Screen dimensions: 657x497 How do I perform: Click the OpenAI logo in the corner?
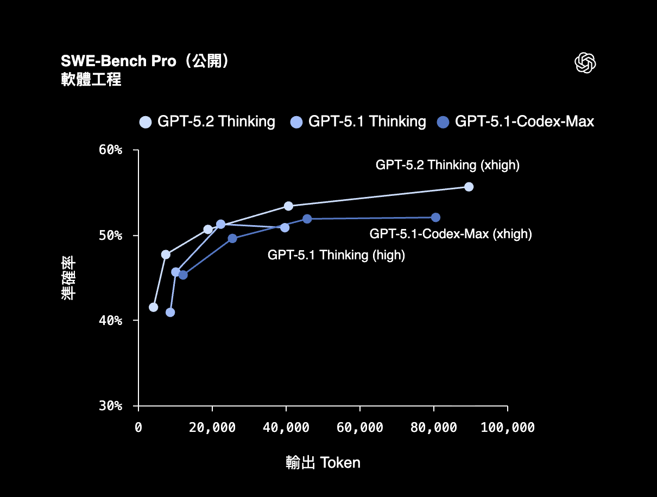click(x=585, y=62)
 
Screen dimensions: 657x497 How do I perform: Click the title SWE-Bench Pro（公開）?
click(x=145, y=61)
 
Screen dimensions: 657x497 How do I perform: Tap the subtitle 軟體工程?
click(x=91, y=80)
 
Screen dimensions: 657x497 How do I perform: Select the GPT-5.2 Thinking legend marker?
click(x=146, y=122)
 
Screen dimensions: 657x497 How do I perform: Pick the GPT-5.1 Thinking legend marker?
click(x=296, y=122)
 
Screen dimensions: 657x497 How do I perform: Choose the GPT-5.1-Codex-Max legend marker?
click(x=443, y=122)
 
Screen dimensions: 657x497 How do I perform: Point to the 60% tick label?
click(x=110, y=150)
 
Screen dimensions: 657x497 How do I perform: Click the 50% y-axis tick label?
click(x=110, y=235)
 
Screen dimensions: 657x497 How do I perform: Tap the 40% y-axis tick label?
click(x=110, y=321)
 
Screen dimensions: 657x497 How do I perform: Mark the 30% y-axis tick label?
click(x=110, y=406)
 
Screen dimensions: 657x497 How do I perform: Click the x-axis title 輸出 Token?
click(x=323, y=463)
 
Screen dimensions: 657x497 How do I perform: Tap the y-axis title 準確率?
click(x=68, y=278)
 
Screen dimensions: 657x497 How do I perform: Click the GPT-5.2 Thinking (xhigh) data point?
click(x=469, y=187)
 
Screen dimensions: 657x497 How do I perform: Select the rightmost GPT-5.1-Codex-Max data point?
click(x=435, y=218)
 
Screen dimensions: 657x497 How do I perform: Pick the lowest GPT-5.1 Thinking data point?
click(x=170, y=313)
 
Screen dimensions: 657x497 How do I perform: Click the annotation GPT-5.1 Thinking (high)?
click(x=336, y=256)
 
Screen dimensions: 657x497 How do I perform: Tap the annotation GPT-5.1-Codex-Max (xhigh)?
click(x=451, y=234)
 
